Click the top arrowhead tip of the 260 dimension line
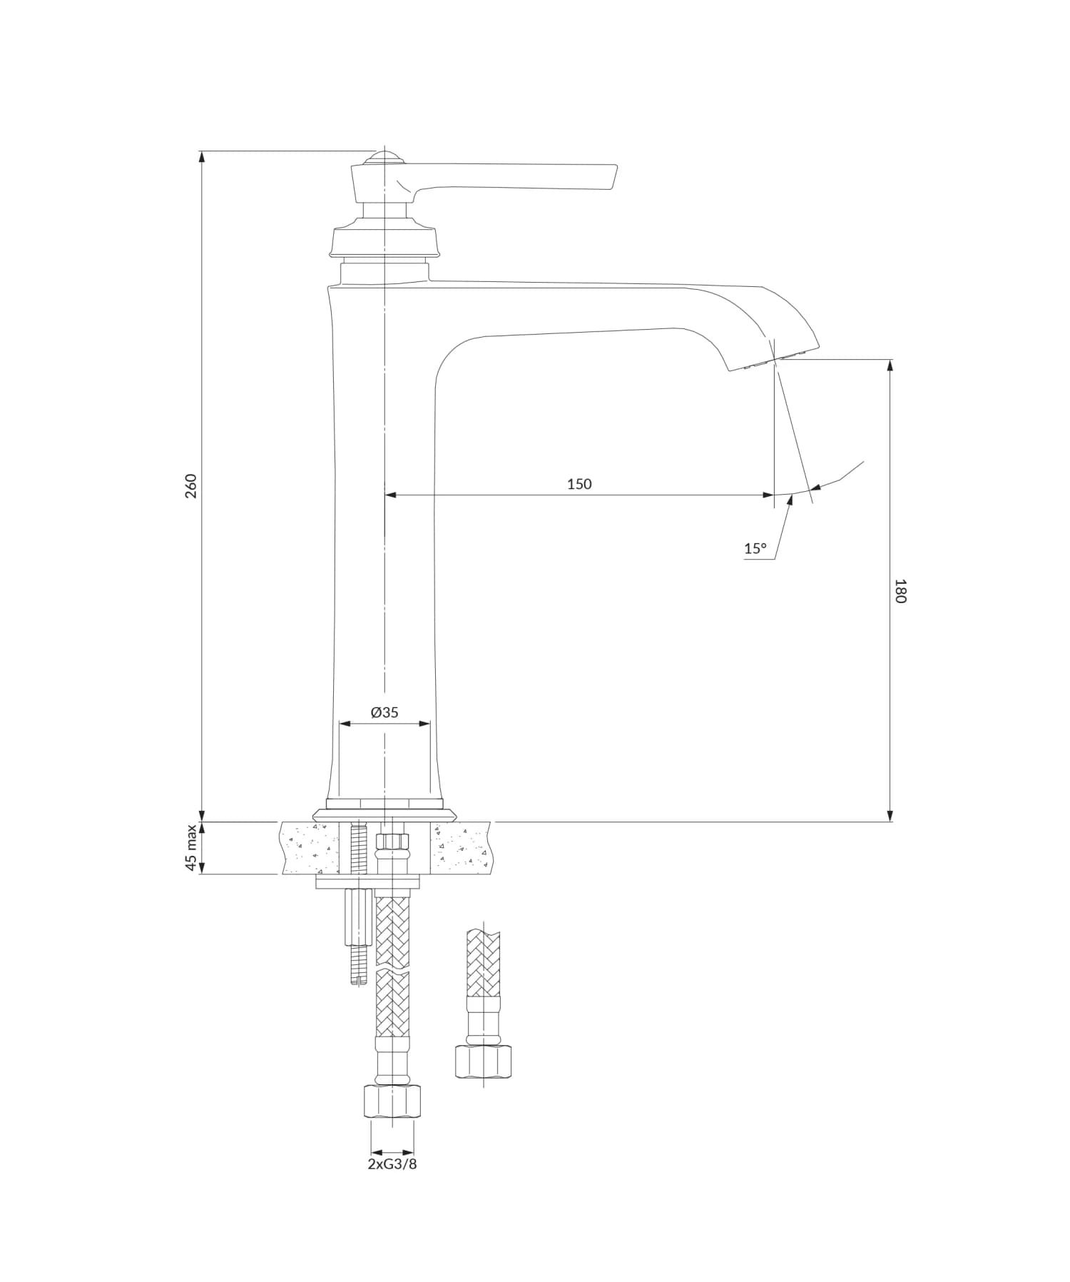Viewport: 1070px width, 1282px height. click(202, 151)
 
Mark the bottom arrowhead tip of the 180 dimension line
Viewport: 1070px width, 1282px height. click(890, 822)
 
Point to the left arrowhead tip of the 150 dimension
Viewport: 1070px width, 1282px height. click(384, 494)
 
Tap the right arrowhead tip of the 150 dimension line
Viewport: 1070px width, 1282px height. click(774, 494)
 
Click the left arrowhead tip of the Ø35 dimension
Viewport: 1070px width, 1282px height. click(339, 724)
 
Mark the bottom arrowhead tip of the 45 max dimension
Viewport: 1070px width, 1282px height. click(202, 874)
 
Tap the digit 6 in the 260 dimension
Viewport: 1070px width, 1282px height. click(190, 485)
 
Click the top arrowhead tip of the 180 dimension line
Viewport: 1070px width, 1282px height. click(890, 359)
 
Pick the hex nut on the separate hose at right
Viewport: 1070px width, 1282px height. click(483, 1061)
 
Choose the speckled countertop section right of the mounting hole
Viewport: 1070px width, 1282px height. click(459, 848)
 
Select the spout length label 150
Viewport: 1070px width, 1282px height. click(579, 484)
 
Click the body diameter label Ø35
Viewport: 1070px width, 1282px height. click(384, 712)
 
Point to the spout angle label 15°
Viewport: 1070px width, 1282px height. click(755, 548)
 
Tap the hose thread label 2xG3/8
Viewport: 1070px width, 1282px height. click(392, 1164)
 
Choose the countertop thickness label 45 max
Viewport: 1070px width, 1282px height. click(190, 848)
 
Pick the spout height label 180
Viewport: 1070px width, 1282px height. click(900, 591)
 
